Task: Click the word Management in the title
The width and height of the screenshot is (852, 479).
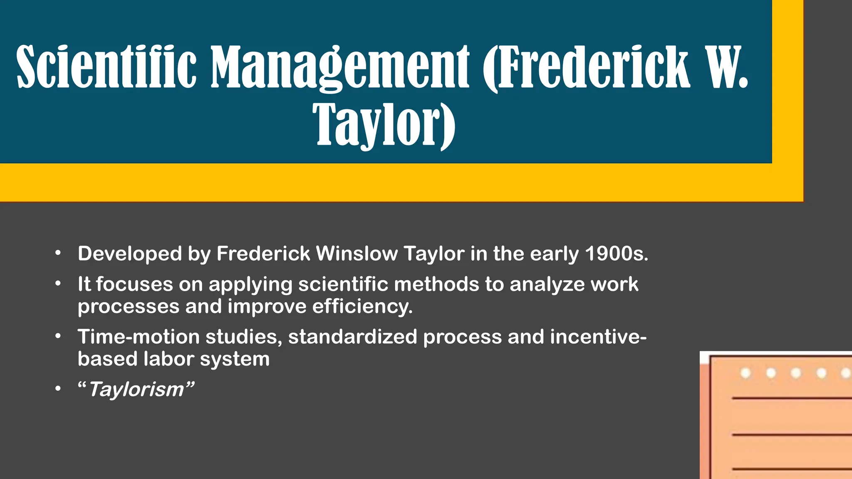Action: (340, 67)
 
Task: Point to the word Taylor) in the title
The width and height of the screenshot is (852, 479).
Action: (384, 125)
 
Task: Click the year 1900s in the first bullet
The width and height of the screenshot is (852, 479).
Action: (617, 254)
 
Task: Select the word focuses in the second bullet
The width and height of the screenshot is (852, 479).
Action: (134, 284)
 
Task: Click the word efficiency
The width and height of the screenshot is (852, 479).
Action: (362, 307)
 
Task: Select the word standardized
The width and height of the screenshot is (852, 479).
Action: (352, 337)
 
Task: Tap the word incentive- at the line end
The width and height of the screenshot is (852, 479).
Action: (598, 337)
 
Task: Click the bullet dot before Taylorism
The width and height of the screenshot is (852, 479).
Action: (58, 389)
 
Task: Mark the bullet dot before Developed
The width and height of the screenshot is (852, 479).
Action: (58, 253)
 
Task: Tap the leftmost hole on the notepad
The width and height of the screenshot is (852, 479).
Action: (745, 373)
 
